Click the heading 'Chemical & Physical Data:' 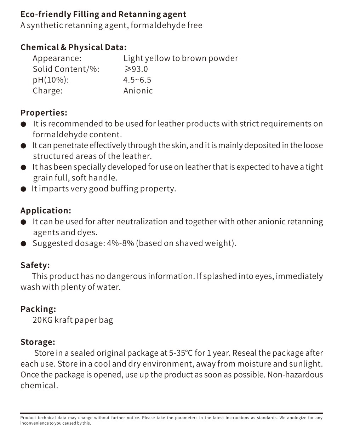tap(73, 47)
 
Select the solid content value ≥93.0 tap(136, 69)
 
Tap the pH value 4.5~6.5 tap(137, 80)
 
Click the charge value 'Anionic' tap(138, 91)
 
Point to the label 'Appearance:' tap(57, 58)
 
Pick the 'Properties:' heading tap(44, 113)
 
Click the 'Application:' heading tap(46, 211)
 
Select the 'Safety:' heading tap(35, 265)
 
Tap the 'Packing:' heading tap(38, 309)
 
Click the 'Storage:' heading tap(38, 342)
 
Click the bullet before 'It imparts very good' tap(23, 189)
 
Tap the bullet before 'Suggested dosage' tap(23, 243)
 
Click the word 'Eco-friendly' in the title tap(45, 15)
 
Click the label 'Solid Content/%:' tap(66, 69)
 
